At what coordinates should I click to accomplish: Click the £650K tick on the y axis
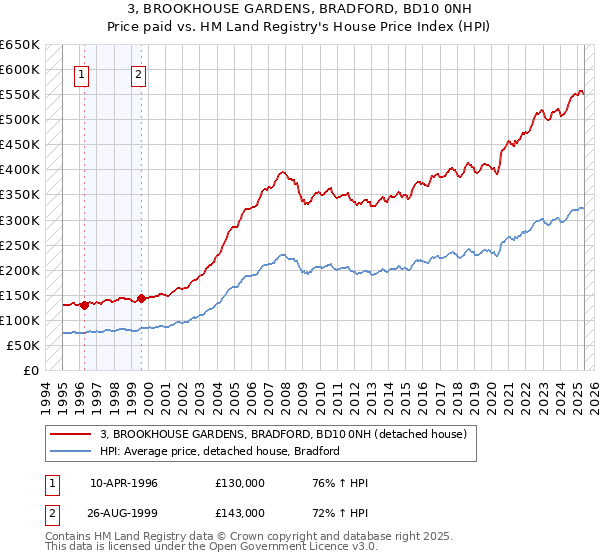coord(20,45)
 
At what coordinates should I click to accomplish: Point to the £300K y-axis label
coord(20,220)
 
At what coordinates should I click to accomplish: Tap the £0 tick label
coord(30,370)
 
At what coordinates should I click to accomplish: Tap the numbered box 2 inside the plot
coord(138,73)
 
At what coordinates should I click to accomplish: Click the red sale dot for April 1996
coord(84,305)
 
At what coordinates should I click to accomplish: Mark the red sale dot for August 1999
coord(142,298)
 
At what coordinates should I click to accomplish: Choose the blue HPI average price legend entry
coord(220,451)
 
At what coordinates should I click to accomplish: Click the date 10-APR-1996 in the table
coord(124,483)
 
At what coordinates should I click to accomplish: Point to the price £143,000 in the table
coord(239,512)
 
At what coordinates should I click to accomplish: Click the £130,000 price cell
coord(239,483)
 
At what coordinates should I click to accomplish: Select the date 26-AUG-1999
coord(124,512)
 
